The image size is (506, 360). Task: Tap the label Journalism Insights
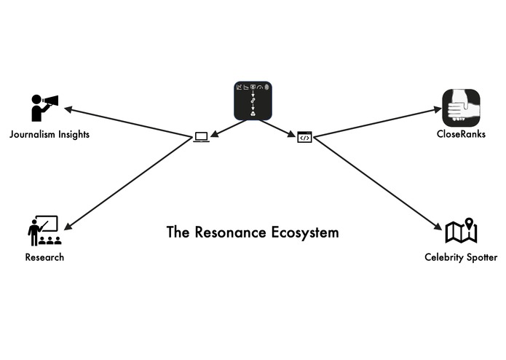coord(50,134)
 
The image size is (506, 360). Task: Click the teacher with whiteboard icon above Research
coord(43,231)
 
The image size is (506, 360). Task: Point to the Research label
coord(44,257)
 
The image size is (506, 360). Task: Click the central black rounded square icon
coord(253,100)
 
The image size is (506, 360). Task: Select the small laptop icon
coord(201,136)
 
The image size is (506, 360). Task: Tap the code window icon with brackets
coord(304,136)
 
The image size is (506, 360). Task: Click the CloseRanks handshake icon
coord(462,107)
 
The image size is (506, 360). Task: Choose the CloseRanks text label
coord(461,134)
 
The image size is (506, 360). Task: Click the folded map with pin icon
coord(461,231)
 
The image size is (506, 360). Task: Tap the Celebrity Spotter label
coord(461,257)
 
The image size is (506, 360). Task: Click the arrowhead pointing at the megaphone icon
coord(68,110)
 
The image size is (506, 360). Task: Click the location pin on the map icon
coord(469,222)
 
